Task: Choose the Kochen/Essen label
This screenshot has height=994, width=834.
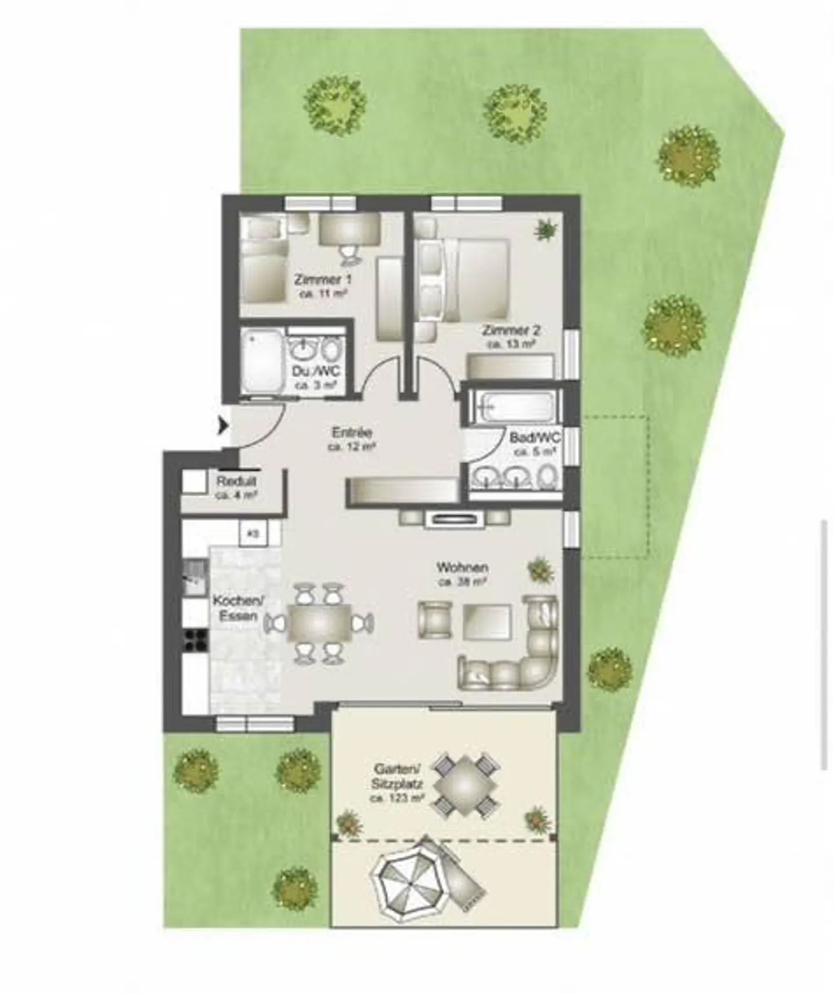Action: pyautogui.click(x=238, y=608)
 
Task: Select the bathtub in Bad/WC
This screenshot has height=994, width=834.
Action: pyautogui.click(x=512, y=406)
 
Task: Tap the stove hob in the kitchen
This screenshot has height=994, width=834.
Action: pyautogui.click(x=196, y=639)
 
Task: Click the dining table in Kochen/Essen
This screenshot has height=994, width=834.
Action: pyautogui.click(x=319, y=624)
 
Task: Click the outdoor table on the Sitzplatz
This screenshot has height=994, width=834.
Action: pyautogui.click(x=466, y=785)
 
